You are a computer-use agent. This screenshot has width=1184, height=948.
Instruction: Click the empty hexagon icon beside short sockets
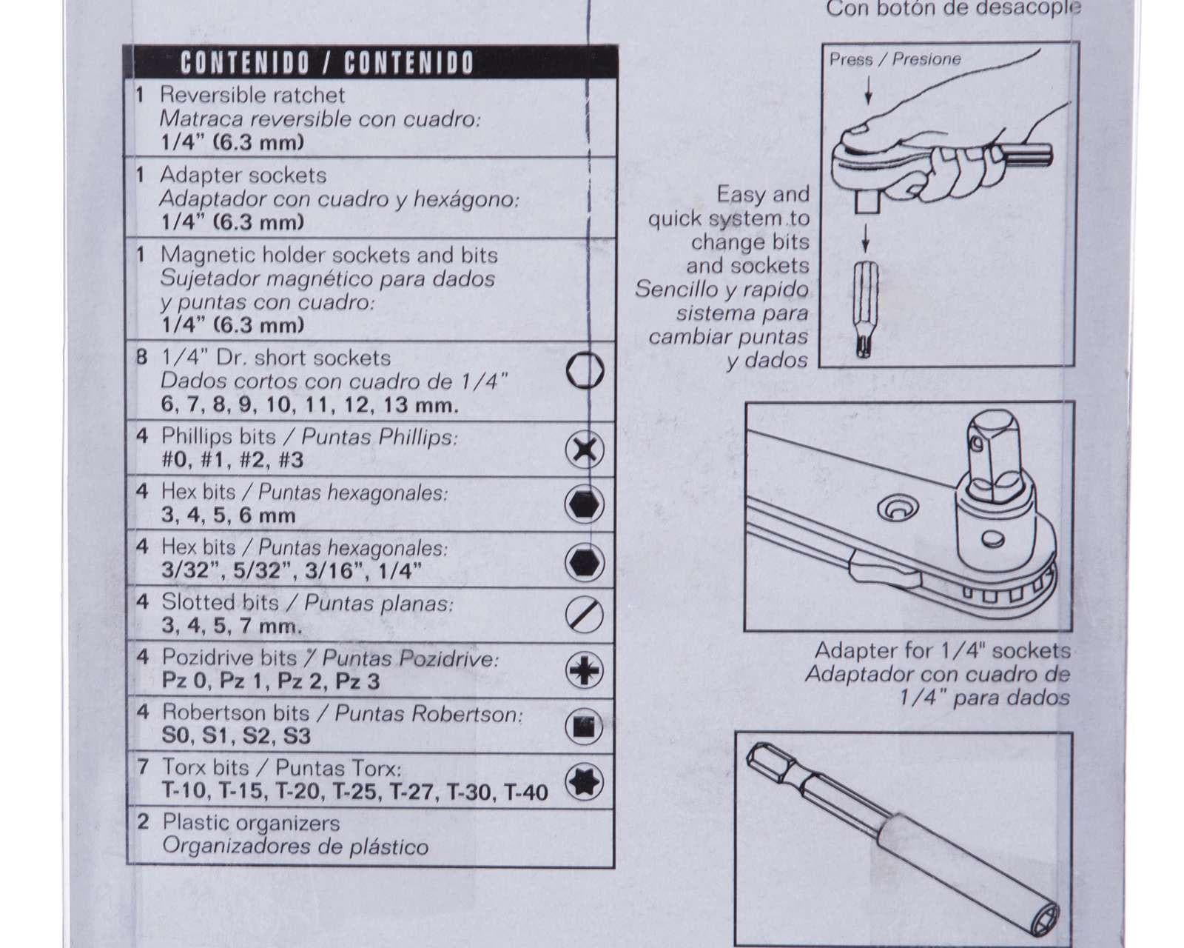585,370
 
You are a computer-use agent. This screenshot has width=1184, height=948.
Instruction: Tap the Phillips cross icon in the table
585,450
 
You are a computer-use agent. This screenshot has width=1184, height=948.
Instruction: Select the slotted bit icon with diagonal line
585,615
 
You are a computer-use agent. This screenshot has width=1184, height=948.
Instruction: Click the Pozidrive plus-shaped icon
585,670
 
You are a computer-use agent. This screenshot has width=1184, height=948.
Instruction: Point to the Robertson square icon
585,727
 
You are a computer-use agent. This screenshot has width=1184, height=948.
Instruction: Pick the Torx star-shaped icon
585,782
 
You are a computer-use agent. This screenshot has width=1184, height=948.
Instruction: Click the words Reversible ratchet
252,96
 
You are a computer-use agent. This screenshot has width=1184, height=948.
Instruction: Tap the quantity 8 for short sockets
142,358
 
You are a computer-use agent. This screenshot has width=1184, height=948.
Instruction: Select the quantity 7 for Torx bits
143,767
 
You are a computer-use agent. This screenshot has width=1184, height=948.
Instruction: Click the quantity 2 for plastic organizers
143,822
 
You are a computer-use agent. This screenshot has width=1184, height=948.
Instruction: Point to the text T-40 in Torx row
526,792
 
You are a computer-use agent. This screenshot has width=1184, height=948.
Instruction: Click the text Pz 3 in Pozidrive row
357,681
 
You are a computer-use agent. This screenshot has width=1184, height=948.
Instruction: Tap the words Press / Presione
895,59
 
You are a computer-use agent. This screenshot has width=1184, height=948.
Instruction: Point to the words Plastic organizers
252,823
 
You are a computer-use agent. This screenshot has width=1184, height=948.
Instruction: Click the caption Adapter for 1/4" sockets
943,650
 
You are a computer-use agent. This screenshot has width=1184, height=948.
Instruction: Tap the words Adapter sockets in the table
243,176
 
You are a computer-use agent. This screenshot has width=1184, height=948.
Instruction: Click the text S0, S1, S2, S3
236,736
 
